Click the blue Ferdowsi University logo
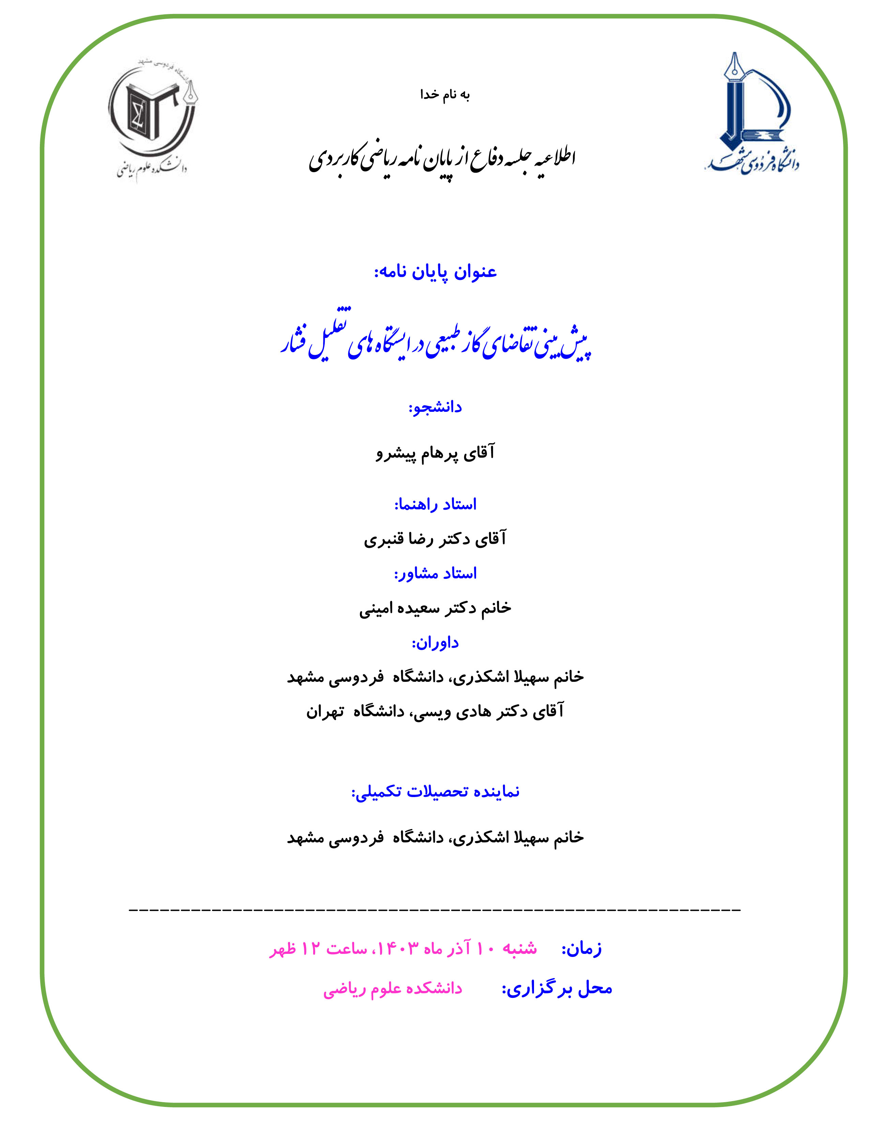point(752,113)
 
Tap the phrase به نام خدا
point(445,95)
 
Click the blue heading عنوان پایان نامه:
point(436,272)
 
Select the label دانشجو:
point(435,407)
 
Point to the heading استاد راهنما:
point(436,504)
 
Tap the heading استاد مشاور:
point(436,573)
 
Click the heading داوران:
point(435,643)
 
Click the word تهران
point(325,712)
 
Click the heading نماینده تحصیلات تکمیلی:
point(436,791)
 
